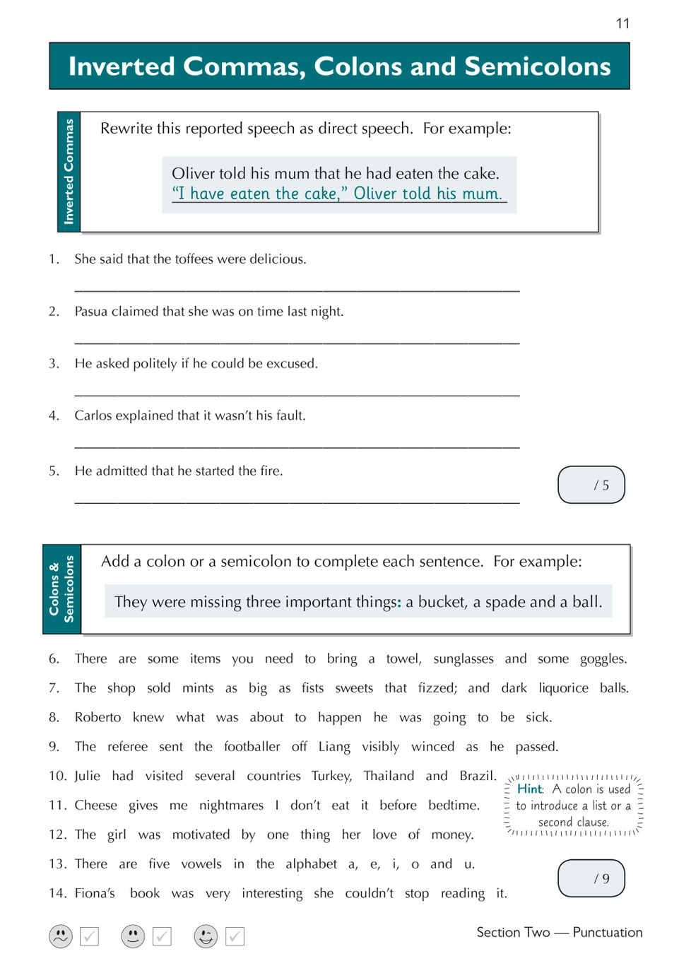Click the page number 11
(x=622, y=23)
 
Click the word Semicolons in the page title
(x=537, y=66)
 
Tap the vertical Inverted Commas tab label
(x=69, y=172)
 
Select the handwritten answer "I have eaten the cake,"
(x=259, y=194)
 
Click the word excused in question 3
(x=293, y=364)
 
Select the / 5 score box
(x=591, y=485)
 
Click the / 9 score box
(x=591, y=878)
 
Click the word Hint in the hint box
(x=529, y=789)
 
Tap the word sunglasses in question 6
(x=464, y=659)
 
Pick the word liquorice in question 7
(x=563, y=688)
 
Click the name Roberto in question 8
(x=98, y=717)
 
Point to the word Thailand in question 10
(x=389, y=776)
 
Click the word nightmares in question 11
(x=231, y=806)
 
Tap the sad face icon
(x=61, y=936)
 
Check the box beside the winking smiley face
(x=235, y=936)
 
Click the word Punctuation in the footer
(x=608, y=932)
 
